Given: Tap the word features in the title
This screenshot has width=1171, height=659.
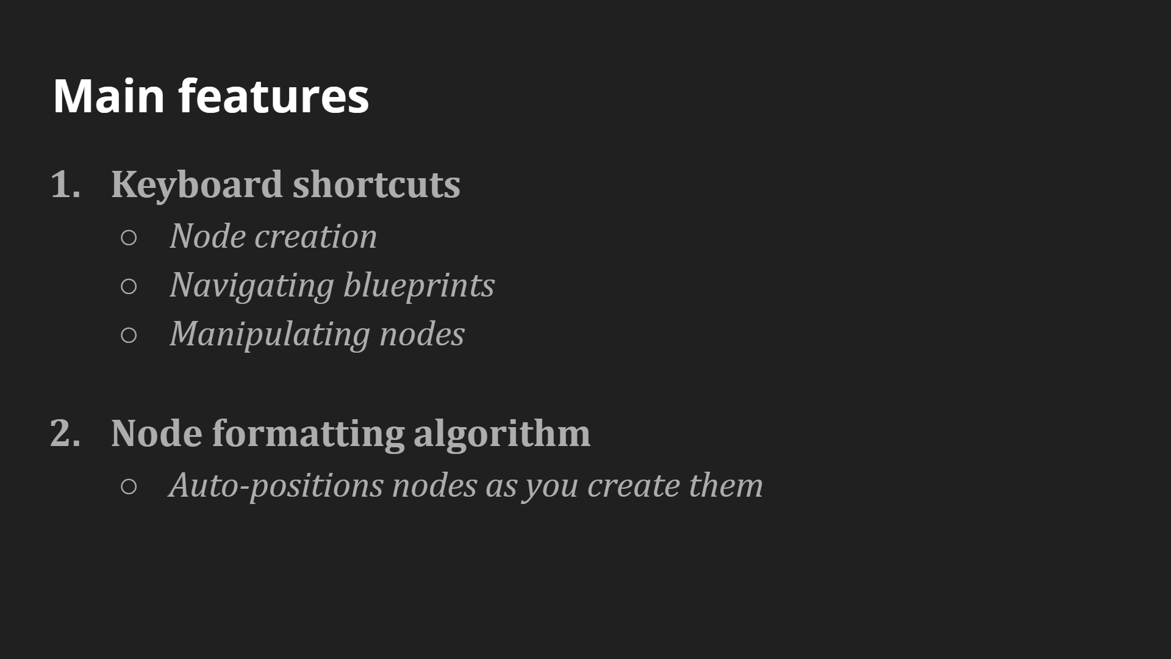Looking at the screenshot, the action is point(274,95).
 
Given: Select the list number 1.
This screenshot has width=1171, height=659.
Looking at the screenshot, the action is point(65,184).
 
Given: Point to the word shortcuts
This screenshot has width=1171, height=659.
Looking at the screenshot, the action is point(376,184).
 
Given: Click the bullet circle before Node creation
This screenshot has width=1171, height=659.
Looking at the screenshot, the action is point(129,237).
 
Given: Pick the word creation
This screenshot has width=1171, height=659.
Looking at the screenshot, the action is point(315,236).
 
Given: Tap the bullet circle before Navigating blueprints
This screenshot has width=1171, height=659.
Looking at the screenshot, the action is point(129,286).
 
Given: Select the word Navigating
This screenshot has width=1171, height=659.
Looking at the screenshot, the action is point(252,286).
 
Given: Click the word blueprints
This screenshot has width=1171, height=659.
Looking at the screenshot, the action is point(419,285).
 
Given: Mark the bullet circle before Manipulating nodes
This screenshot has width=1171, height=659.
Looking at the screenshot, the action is point(129,335).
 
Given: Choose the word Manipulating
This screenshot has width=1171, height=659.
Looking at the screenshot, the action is point(270,334).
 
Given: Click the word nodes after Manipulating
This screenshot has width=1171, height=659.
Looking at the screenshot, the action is point(422,334).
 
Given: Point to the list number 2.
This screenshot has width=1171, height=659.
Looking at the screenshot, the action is point(65,433).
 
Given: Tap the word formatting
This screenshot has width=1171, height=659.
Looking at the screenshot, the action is point(308,434).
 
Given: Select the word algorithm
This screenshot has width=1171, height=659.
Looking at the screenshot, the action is point(502,434).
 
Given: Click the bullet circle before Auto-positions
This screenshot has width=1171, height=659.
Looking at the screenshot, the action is point(129,486).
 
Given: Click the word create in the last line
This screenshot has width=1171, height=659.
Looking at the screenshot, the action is point(633,486).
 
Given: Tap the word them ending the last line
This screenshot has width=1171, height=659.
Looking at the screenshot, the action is point(726,485).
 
